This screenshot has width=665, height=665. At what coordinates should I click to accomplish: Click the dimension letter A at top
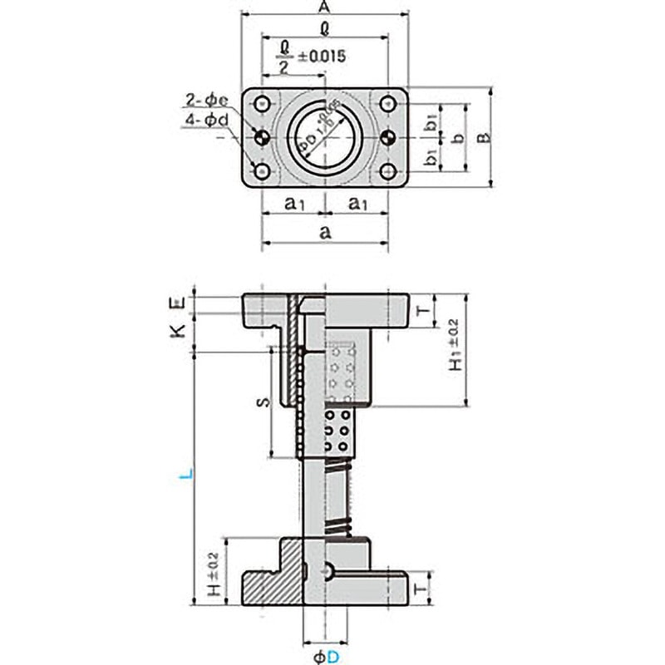tap(325, 7)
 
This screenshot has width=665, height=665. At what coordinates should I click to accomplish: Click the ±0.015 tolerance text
tap(318, 57)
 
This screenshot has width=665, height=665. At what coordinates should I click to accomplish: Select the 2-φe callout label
tap(201, 102)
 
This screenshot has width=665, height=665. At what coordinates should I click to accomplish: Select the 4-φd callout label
tap(201, 121)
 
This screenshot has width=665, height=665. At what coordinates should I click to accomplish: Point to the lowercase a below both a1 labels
tap(325, 234)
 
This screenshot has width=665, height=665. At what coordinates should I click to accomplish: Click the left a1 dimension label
tap(293, 202)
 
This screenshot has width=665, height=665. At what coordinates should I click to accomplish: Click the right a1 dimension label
tap(357, 202)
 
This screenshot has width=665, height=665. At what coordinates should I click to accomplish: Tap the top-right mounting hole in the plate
tap(387, 104)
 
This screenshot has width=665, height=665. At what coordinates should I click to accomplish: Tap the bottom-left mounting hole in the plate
tap(263, 171)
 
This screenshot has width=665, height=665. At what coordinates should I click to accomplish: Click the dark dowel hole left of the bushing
tap(263, 137)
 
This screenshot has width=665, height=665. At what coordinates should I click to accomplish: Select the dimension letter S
tap(261, 402)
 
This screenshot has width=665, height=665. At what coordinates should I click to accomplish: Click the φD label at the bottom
tap(325, 657)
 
